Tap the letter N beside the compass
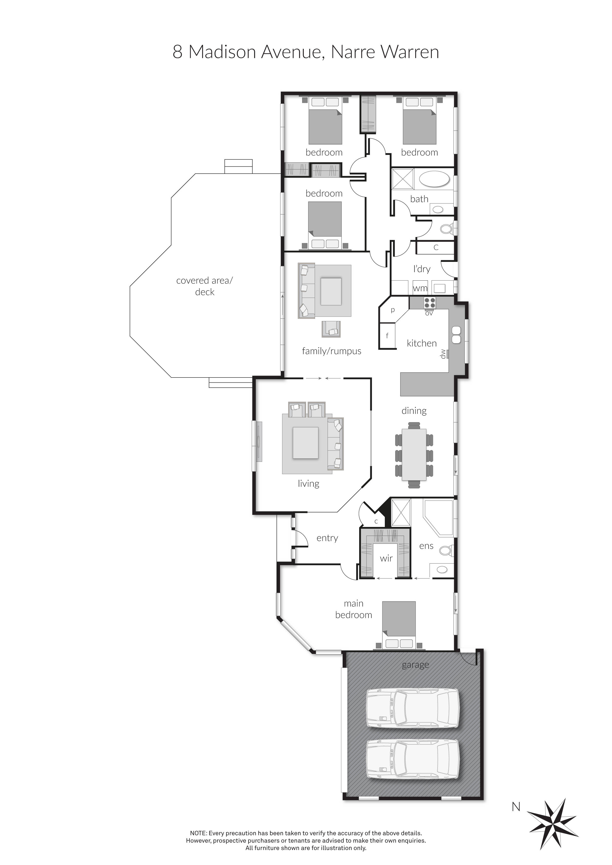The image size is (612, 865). point(516,807)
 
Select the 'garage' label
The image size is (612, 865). point(415,665)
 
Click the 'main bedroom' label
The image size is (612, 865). point(353,609)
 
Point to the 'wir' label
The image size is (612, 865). point(386,558)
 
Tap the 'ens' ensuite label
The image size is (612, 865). point(426,546)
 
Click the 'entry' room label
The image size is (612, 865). point(327,538)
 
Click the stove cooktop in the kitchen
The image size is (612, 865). point(430,303)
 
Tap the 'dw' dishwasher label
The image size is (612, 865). point(444,354)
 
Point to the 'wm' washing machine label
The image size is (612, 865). point(420,288)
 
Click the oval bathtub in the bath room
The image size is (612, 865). point(434,179)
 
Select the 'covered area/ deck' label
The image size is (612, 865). point(205,286)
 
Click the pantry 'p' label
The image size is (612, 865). point(393,310)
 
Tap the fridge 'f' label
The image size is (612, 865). point(387,335)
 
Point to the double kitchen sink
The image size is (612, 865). point(456,335)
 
